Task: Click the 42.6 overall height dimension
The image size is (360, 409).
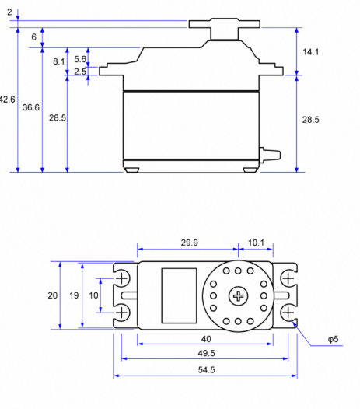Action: click(x=7, y=100)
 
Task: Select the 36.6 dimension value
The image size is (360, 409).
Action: click(x=31, y=107)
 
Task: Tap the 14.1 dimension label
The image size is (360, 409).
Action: click(x=310, y=52)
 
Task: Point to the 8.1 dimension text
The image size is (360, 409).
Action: click(x=58, y=61)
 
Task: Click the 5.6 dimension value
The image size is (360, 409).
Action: click(x=80, y=59)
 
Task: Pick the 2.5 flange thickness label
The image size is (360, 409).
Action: click(x=80, y=72)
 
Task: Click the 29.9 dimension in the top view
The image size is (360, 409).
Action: click(x=190, y=243)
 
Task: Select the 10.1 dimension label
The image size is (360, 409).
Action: click(x=256, y=243)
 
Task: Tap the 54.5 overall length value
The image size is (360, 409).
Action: click(x=206, y=369)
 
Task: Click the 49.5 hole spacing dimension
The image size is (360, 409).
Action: click(x=206, y=353)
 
